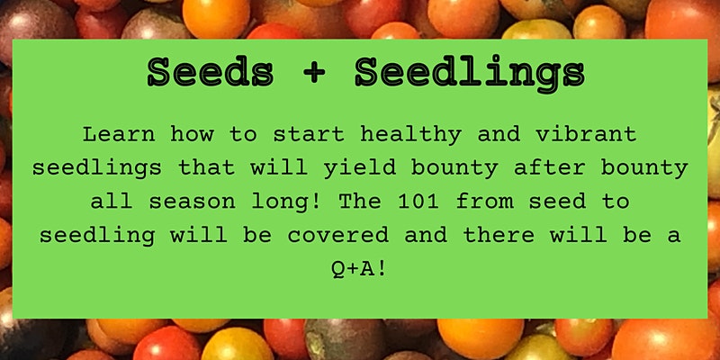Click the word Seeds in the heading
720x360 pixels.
(211, 73)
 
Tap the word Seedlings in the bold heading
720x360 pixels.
(470, 75)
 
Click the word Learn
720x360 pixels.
(119, 134)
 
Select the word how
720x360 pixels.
(192, 134)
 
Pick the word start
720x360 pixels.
(309, 135)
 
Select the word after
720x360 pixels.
(549, 168)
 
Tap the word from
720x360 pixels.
(484, 202)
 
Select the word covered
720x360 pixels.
(337, 236)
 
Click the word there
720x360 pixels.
(499, 235)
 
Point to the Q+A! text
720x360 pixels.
(359, 269)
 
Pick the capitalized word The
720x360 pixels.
(359, 202)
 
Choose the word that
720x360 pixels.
(206, 168)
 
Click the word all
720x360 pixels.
(112, 202)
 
